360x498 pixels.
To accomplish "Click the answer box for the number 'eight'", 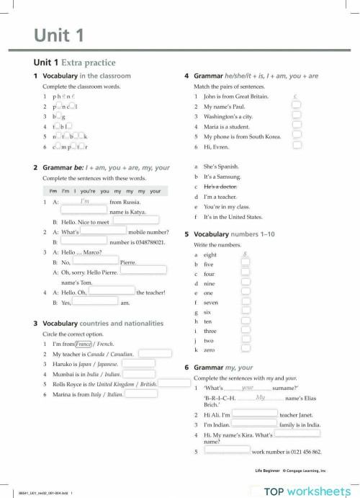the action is tap(246, 255).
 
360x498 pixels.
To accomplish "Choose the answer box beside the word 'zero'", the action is tap(246, 350).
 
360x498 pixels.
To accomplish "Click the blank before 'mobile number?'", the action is tap(103, 232).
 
